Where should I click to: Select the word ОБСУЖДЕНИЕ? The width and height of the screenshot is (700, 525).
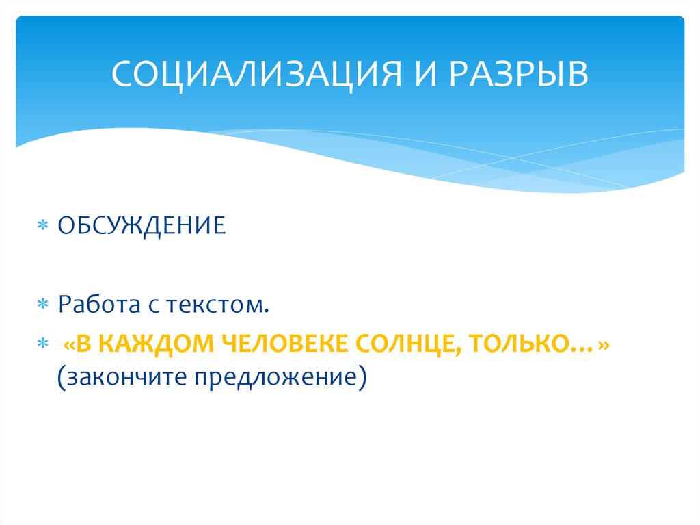click(142, 225)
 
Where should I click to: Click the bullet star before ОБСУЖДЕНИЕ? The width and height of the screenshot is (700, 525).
click(43, 227)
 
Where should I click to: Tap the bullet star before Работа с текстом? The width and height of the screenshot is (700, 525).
click(43, 305)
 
